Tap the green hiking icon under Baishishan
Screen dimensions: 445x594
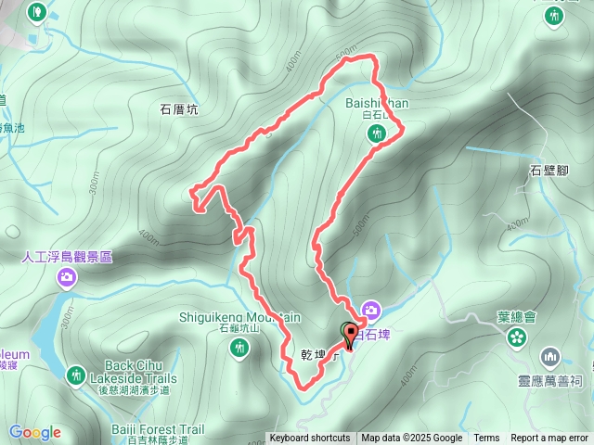(376, 134)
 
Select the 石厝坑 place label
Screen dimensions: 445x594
(179, 109)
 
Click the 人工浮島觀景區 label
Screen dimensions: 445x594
(67, 256)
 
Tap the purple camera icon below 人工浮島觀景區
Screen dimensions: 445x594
(67, 276)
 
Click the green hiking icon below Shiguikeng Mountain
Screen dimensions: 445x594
(239, 348)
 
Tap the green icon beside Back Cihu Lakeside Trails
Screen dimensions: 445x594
(76, 375)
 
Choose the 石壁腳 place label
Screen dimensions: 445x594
(548, 170)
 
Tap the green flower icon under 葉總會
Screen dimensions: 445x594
(516, 338)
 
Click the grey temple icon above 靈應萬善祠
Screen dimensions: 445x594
(549, 357)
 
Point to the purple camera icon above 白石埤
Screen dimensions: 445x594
(371, 309)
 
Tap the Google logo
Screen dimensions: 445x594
(34, 432)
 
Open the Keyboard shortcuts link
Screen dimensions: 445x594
(310, 439)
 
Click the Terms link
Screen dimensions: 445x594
(486, 439)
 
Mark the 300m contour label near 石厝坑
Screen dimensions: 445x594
(94, 184)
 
